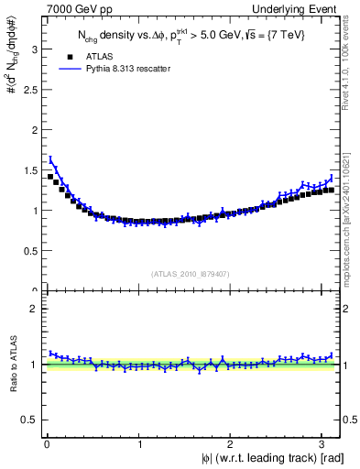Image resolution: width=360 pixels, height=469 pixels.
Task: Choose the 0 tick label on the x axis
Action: point(47,444)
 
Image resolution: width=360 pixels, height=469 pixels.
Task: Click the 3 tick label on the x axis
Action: point(324,444)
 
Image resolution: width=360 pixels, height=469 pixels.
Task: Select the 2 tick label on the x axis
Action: point(232,444)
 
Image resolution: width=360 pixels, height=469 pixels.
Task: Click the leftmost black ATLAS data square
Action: point(50,176)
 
